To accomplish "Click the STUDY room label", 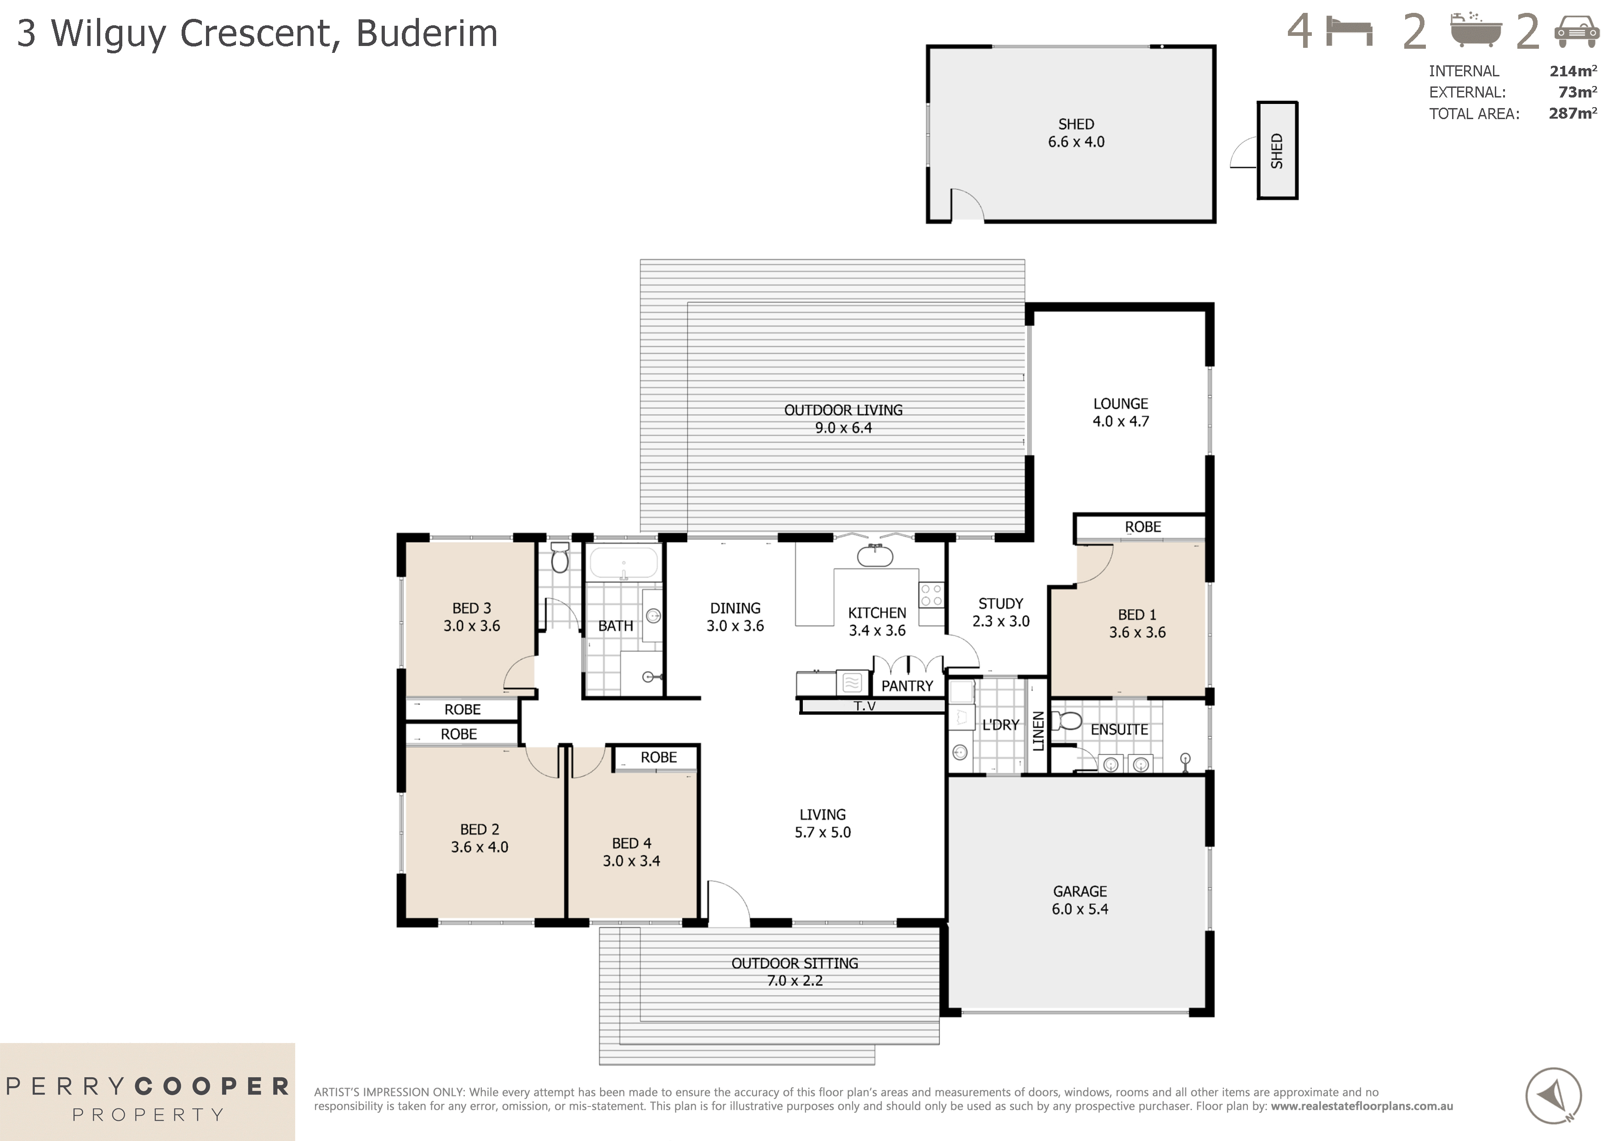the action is pos(1001,603).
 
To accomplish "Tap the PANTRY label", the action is pos(907,686).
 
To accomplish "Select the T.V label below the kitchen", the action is pos(865,706).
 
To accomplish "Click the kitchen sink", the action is pos(875,556).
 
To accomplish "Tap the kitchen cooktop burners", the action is pos(932,595).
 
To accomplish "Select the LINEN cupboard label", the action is pos(1038,731).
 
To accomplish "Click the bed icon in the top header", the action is pos(1349,32).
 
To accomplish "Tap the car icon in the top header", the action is pos(1577,32).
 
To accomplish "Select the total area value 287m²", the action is pos(1572,113).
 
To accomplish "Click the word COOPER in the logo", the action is pos(212,1087).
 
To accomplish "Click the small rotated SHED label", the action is pos(1276,151).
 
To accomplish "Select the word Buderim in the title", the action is pos(427,33).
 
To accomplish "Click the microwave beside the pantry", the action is pos(852,682).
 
